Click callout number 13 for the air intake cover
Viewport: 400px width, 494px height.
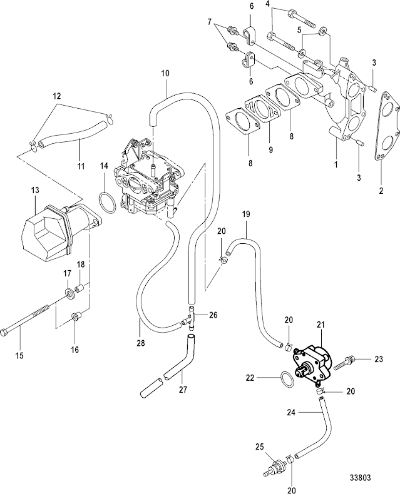pos(34,189)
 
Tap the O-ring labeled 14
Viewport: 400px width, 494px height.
pos(107,203)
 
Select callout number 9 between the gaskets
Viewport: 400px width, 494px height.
pos(254,150)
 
